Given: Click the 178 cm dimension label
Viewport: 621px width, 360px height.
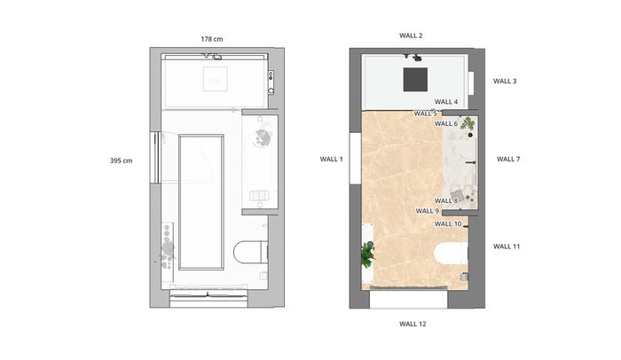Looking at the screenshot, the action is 212,39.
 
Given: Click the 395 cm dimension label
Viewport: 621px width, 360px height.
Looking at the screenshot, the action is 122,160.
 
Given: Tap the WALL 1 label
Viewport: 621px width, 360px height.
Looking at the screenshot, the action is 332,160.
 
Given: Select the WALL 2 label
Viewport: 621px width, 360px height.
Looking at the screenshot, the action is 411,35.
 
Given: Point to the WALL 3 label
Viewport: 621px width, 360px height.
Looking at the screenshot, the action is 505,82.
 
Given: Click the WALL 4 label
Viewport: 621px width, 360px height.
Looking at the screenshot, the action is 446,102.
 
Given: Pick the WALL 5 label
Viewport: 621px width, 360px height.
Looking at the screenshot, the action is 425,113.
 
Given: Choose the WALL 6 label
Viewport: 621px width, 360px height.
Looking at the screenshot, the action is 446,124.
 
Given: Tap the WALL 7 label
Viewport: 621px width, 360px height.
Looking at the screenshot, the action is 508,160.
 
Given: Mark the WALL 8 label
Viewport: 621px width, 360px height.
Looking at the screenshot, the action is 446,201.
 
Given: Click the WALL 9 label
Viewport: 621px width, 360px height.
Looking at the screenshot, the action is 428,212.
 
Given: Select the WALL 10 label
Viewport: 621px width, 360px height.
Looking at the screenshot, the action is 448,224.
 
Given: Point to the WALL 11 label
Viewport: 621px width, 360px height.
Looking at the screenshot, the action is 507,247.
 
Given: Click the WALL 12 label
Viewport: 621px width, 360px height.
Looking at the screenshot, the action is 413,324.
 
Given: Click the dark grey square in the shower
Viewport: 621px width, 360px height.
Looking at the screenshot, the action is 415,80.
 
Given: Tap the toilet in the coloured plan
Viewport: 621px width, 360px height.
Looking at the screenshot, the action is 451,254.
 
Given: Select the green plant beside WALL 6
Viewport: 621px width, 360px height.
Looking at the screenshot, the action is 468,123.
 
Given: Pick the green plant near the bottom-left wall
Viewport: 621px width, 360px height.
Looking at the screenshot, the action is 367,255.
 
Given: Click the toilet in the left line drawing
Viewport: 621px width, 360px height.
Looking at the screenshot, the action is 250,253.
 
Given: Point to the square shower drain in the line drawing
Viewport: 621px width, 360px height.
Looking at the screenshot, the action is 216,79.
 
